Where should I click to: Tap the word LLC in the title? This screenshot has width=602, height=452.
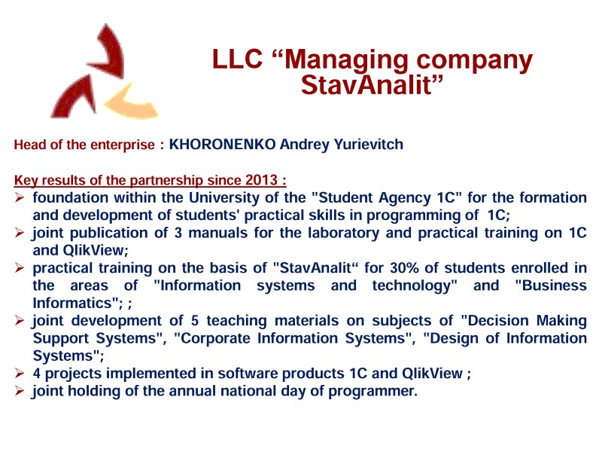pyautogui.click(x=237, y=59)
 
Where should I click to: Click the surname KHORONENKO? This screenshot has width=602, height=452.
pyautogui.click(x=222, y=145)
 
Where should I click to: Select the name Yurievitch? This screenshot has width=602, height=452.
pyautogui.click(x=369, y=145)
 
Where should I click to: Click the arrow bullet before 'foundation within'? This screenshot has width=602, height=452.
pyautogui.click(x=20, y=198)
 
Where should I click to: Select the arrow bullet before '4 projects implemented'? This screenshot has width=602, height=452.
pyautogui.click(x=20, y=373)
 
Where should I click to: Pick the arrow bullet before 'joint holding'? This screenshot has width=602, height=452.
pyautogui.click(x=20, y=391)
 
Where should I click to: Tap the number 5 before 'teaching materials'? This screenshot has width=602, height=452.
pyautogui.click(x=195, y=321)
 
